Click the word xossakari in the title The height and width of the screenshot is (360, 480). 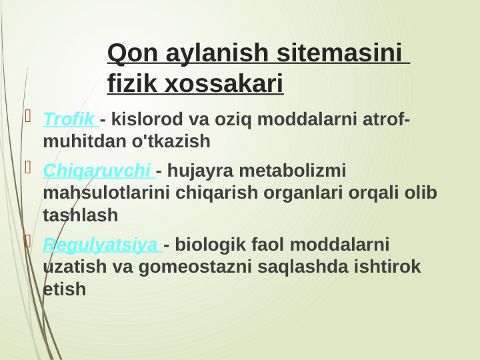tap(224, 84)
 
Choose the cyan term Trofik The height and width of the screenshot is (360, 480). tap(69, 120)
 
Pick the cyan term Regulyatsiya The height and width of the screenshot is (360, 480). tap(100, 245)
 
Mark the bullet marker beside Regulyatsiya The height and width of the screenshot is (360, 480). tap(28, 241)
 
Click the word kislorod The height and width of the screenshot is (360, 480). tap(147, 120)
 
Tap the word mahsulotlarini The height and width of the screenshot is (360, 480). tap(106, 193)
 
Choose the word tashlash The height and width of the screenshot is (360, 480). tap(80, 215)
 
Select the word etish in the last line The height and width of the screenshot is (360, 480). tap(65, 289)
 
